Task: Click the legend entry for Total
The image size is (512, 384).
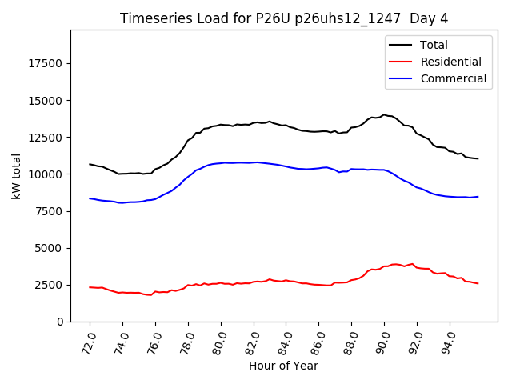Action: pyautogui.click(x=434, y=45)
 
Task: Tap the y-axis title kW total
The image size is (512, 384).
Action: pyautogui.click(x=17, y=176)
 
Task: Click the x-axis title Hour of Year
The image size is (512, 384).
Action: pyautogui.click(x=283, y=366)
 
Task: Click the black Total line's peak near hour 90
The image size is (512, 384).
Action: pyautogui.click(x=384, y=114)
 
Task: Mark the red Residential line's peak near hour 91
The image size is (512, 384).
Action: pyautogui.click(x=412, y=263)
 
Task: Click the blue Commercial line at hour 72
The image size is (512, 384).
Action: pyautogui.click(x=90, y=198)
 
